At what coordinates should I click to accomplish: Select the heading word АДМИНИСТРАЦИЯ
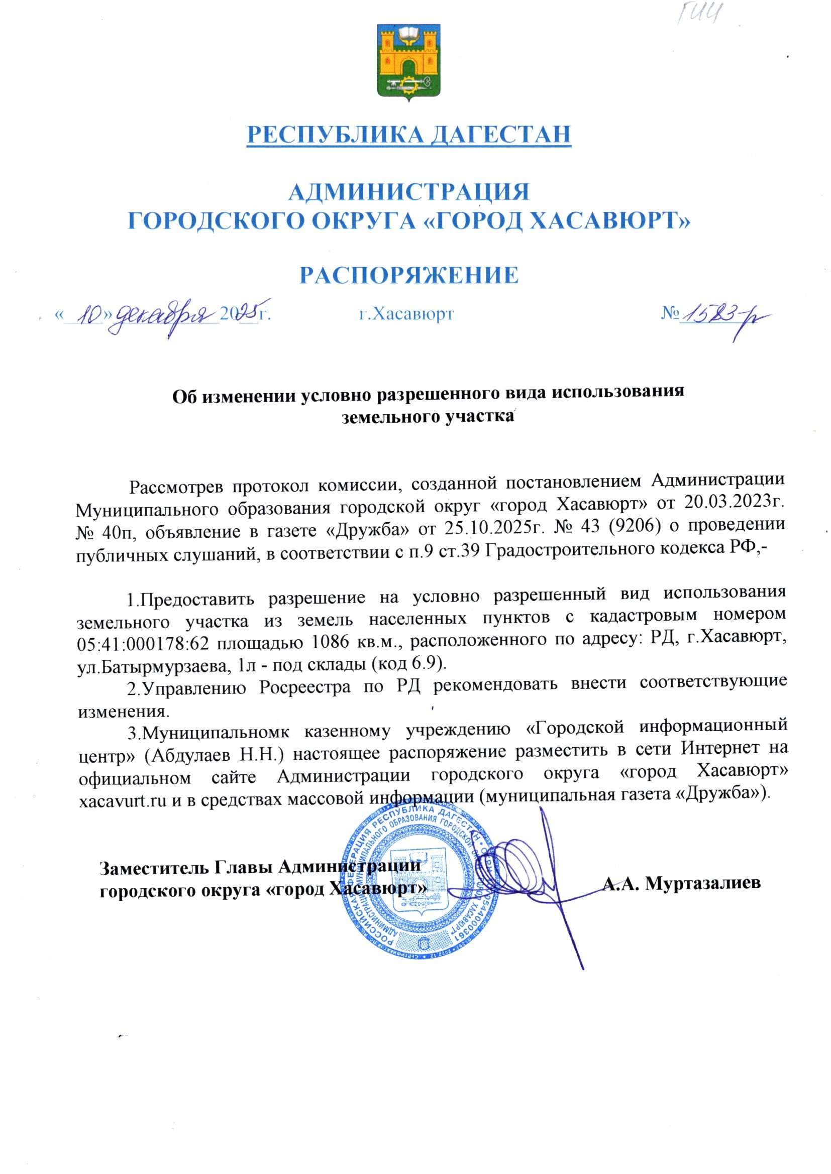click(x=408, y=192)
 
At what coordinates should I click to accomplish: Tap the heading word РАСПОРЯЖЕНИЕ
click(x=408, y=275)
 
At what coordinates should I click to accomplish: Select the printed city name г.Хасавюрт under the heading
click(x=406, y=313)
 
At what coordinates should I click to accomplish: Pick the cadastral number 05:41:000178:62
click(x=143, y=644)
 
